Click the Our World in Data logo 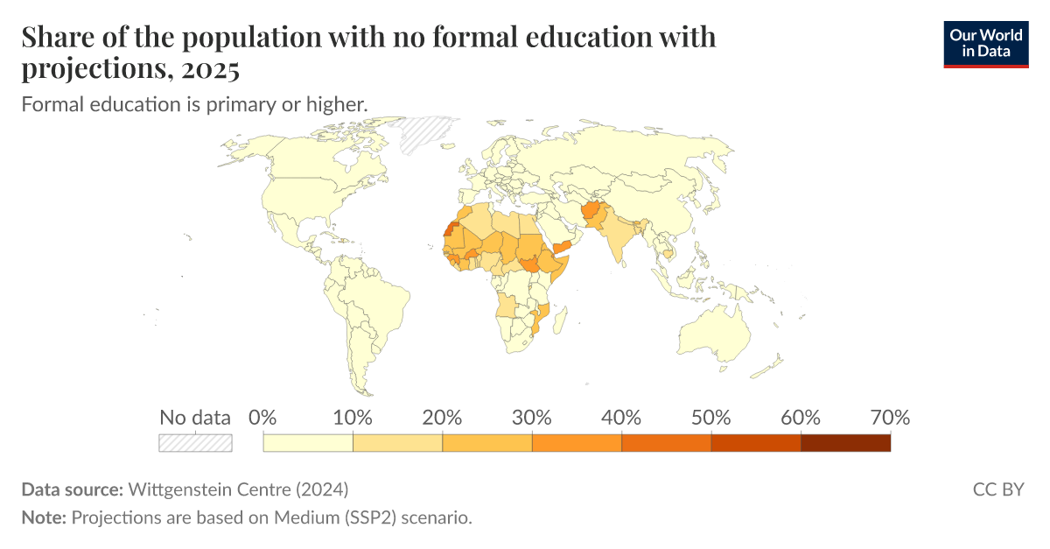pyautogui.click(x=986, y=44)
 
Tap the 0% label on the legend pyautogui.click(x=262, y=418)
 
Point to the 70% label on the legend pyautogui.click(x=889, y=418)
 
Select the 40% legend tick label pyautogui.click(x=621, y=418)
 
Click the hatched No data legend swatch pyautogui.click(x=195, y=442)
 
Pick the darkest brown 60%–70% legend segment pyautogui.click(x=845, y=442)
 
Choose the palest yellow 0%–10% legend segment pyautogui.click(x=308, y=442)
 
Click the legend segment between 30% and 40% pyautogui.click(x=577, y=442)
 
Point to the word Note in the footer pyautogui.click(x=42, y=517)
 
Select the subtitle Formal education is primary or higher pyautogui.click(x=193, y=104)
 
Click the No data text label pyautogui.click(x=195, y=418)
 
